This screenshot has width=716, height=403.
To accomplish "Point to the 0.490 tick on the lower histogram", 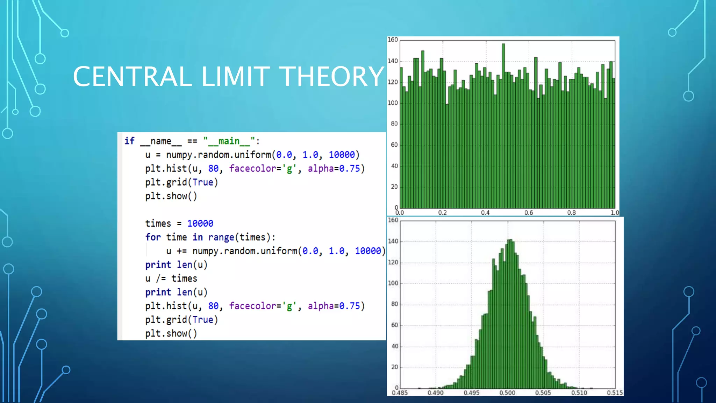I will tap(435, 393).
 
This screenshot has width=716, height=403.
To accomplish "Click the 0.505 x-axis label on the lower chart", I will tap(543, 393).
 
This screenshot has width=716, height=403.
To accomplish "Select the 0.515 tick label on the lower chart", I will tap(615, 393).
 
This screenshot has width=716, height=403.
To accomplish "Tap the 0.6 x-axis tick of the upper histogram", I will tap(529, 213).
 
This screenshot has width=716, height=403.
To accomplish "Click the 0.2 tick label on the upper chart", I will tap(443, 213).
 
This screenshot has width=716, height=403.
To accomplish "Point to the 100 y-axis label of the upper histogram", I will tap(393, 103).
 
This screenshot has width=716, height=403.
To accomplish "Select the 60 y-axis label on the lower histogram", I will tap(395, 325).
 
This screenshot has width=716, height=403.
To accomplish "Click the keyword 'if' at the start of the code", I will tap(129, 141).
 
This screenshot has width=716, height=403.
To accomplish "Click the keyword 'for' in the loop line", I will tap(153, 237).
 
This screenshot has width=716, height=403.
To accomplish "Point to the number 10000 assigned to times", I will tap(200, 224).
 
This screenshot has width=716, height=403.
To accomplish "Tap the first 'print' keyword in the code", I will tap(158, 265).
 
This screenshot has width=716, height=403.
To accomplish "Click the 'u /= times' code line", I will tap(171, 278).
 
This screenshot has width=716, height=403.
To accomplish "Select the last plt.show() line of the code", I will tap(171, 333).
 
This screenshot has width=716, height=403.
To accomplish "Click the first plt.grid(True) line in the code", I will tap(181, 182).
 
